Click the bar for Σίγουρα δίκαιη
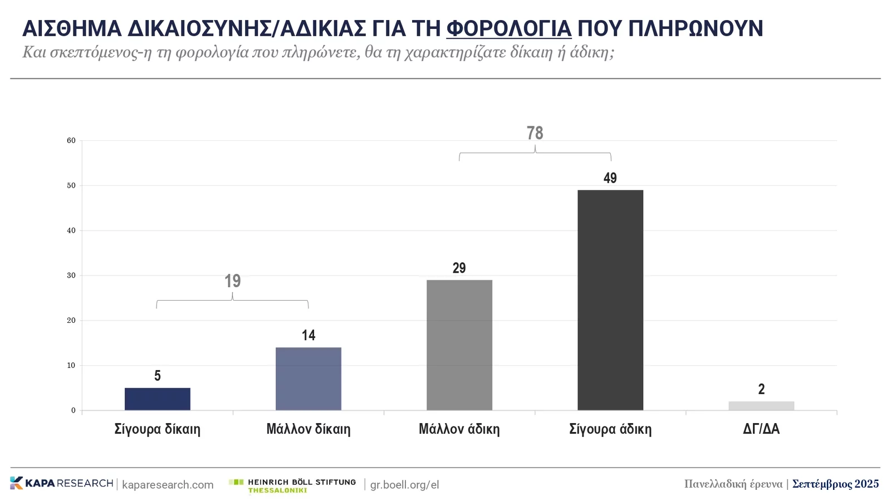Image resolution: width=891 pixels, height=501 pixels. (158, 399)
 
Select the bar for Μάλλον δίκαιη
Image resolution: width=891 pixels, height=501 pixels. (309, 379)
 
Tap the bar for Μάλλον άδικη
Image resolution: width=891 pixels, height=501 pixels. (459, 345)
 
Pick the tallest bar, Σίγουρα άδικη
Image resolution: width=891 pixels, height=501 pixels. (610, 300)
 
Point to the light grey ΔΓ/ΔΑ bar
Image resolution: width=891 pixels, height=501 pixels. (761, 406)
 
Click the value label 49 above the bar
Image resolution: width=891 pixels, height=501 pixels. (610, 178)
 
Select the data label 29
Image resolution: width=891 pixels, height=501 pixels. (459, 268)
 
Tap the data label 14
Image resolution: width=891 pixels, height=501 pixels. (309, 335)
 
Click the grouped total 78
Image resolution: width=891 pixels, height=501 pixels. (535, 133)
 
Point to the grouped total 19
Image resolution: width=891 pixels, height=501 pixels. (233, 281)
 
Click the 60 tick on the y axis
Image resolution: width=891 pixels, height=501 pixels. (71, 141)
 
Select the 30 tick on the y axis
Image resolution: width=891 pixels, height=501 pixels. (71, 276)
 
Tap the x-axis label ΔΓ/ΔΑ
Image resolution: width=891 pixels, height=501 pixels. (761, 429)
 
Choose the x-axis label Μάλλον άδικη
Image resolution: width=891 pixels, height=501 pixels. (459, 429)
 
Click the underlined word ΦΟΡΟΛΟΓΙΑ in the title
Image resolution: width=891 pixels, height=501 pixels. (509, 28)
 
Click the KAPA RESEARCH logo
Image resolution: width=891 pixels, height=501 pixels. (62, 483)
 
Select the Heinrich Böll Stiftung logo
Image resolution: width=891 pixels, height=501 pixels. (293, 485)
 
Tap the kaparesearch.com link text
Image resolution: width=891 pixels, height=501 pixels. (168, 485)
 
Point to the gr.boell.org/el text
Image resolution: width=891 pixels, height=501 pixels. (405, 485)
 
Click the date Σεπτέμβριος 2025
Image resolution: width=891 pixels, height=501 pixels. (835, 484)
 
